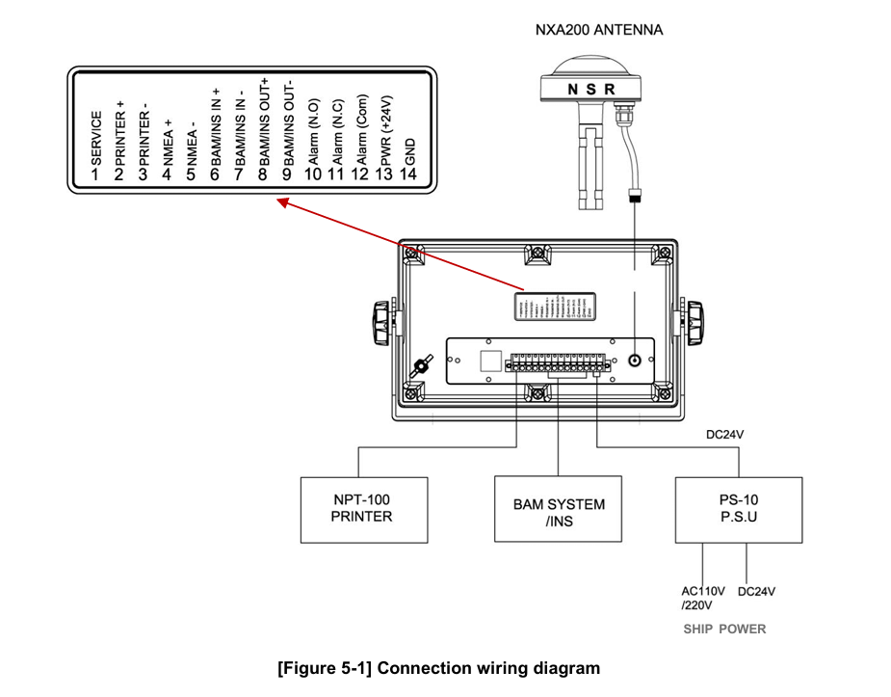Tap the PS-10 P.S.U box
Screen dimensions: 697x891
click(x=738, y=508)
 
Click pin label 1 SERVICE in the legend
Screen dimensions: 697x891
click(x=95, y=145)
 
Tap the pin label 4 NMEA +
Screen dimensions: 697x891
click(x=167, y=149)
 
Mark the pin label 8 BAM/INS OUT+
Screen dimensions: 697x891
click(x=262, y=130)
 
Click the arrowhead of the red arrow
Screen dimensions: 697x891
click(x=282, y=202)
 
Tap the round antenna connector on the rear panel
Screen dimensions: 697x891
click(x=635, y=361)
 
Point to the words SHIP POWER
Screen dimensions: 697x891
click(x=724, y=630)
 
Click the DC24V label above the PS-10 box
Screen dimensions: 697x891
click(x=725, y=435)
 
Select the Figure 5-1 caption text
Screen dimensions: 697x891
click(x=438, y=668)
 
